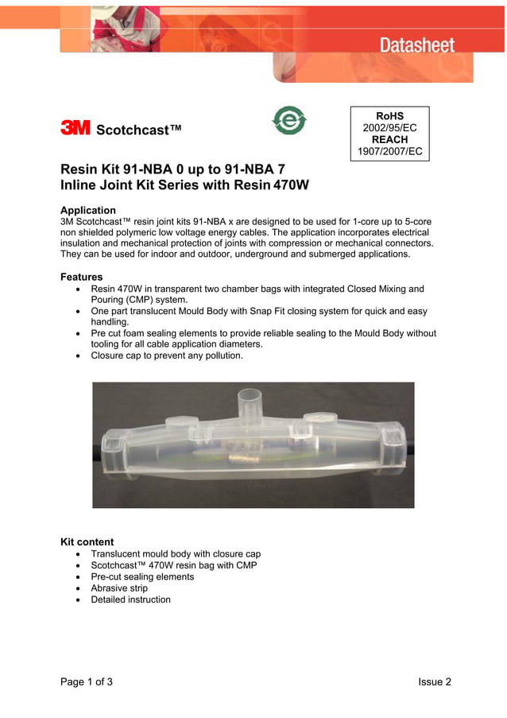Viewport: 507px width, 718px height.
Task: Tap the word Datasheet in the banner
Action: [x=416, y=45]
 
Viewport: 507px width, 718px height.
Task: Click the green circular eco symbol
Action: [x=288, y=120]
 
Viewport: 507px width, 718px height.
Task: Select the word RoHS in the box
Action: [x=389, y=116]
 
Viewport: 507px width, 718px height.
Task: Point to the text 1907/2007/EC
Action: [x=389, y=151]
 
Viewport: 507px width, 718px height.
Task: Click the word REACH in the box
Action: [x=389, y=139]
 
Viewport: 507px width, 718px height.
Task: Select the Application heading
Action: [x=88, y=210]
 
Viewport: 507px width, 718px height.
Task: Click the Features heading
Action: [x=81, y=277]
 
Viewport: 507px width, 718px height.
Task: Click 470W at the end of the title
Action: [x=291, y=185]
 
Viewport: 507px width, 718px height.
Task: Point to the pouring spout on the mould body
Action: [x=250, y=402]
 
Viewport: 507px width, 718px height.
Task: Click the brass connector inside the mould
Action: [x=238, y=460]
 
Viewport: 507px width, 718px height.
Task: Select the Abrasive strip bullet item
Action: [x=119, y=588]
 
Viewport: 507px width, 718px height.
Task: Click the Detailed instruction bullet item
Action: [x=130, y=600]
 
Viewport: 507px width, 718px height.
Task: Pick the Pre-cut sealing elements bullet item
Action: [x=142, y=576]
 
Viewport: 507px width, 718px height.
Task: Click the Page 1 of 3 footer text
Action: [x=87, y=681]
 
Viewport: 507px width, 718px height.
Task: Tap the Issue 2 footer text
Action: [x=435, y=681]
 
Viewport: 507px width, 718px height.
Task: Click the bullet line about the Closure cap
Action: [x=167, y=355]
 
